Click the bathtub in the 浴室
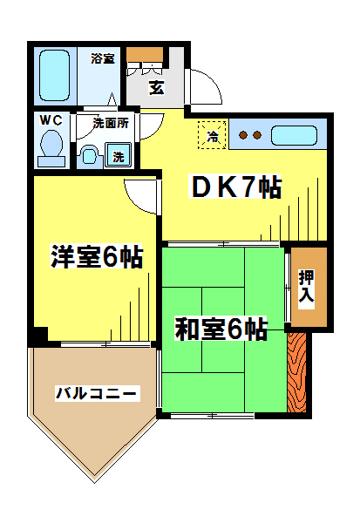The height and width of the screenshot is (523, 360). (x=54, y=75)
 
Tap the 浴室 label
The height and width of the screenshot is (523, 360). (x=103, y=58)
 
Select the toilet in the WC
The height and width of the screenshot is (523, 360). (x=51, y=147)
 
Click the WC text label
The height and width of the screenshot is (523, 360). (x=51, y=120)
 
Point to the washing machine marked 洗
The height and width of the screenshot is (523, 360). (x=118, y=154)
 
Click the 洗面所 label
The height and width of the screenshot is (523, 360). (x=111, y=123)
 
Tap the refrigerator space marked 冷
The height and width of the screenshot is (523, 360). (x=212, y=135)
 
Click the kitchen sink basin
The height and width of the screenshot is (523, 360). (x=294, y=135)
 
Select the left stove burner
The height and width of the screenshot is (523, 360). (x=244, y=135)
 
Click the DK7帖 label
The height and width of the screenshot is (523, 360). (x=235, y=187)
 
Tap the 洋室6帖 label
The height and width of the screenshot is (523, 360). (x=97, y=256)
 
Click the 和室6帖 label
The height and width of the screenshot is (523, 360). (x=221, y=329)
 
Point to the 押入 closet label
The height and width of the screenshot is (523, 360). (x=306, y=287)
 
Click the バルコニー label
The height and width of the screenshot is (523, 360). (x=96, y=393)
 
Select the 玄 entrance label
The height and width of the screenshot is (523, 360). (x=157, y=88)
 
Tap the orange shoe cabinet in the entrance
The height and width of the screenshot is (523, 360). (x=145, y=55)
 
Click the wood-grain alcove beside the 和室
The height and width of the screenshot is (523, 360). (x=296, y=372)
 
